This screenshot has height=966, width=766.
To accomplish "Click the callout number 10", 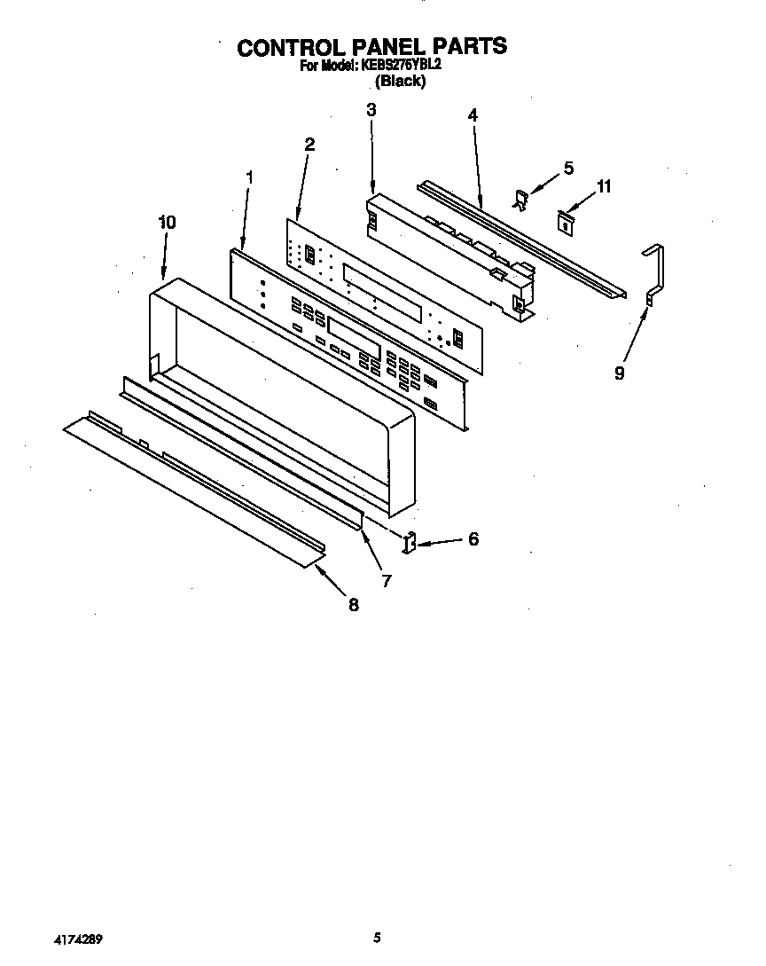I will point(167,223).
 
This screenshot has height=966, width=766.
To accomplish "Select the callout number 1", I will point(249,177).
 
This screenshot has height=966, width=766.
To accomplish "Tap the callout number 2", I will point(309,144).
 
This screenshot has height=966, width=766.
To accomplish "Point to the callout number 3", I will point(371,109).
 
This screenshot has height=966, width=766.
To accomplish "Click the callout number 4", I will point(473,115).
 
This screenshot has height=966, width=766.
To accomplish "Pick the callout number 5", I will point(568,168).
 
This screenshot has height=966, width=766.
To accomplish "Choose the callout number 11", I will point(604,186).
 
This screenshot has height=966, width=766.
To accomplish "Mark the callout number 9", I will point(619,373).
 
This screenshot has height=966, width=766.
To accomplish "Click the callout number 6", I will point(473,538).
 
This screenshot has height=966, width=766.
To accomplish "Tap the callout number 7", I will point(387,581).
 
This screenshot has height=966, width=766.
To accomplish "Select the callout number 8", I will point(353,605).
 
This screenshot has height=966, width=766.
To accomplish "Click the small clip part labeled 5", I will point(523,200).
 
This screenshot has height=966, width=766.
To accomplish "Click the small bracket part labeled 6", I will point(410,542).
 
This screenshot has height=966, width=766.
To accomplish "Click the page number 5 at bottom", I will point(377,937).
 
